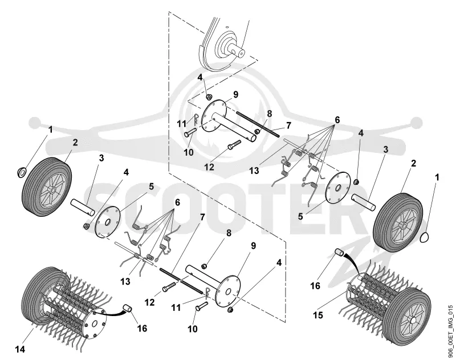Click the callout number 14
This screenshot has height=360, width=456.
coord(20,349)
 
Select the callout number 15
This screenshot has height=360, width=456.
coord(318,315)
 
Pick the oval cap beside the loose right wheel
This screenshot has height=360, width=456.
coord(425,236)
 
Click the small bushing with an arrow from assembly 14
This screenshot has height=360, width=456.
coord(127,308)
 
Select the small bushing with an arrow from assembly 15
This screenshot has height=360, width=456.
coord(339,252)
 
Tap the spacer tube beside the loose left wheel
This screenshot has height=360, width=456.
coord(82,207)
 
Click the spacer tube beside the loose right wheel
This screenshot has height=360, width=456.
coord(364,202)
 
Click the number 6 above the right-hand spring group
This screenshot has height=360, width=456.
coord(337,120)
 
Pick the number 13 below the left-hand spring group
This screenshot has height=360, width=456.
coord(125,281)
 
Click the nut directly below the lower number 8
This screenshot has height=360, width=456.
coord(204,265)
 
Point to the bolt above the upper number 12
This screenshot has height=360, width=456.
coord(234,145)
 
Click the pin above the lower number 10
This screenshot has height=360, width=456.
coord(202,306)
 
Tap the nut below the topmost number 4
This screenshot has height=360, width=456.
coord(208,96)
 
